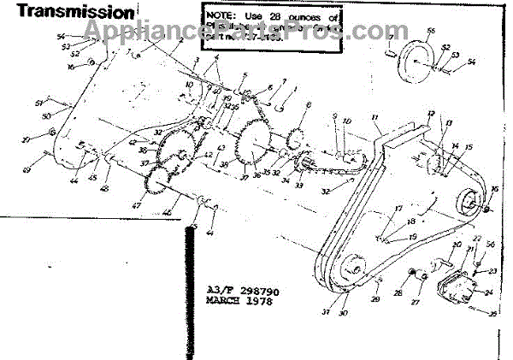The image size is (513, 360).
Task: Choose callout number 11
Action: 374,115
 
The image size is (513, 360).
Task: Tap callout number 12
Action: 431,114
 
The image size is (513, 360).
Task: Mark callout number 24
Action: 487,292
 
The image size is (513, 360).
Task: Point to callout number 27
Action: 416,302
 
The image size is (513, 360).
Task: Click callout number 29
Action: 374,299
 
